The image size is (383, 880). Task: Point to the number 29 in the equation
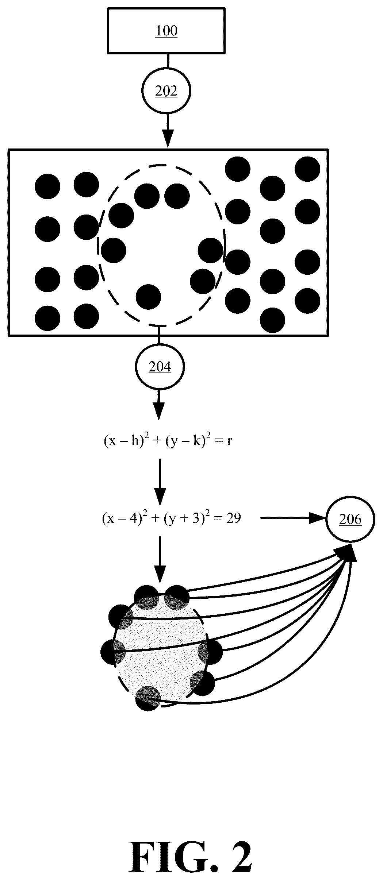coord(233,518)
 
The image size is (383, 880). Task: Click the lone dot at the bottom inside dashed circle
coord(148,297)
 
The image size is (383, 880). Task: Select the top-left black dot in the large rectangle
coord(47,186)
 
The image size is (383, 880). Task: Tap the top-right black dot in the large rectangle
coord(307,169)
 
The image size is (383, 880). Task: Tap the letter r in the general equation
coord(230,442)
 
